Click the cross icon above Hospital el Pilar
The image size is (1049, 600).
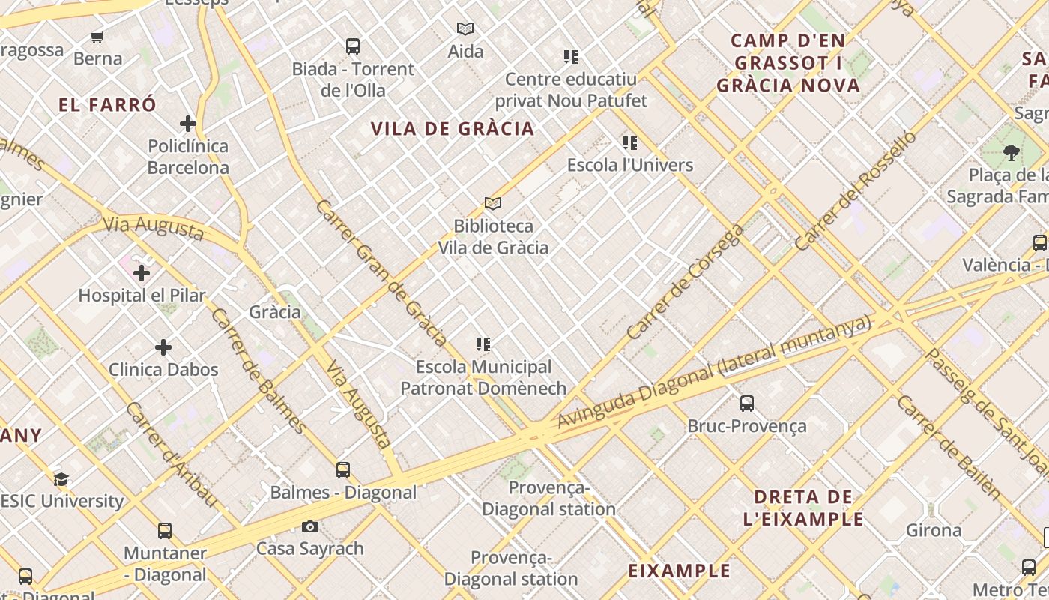(142, 273)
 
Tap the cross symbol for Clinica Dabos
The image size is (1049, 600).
(163, 347)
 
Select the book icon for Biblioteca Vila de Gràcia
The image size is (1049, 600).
(492, 203)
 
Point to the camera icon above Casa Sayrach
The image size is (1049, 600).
(310, 527)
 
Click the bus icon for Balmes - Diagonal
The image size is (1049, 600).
(343, 470)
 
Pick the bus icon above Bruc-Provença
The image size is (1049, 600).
(747, 403)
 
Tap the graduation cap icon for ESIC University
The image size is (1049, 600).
(61, 479)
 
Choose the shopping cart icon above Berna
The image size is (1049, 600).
(97, 37)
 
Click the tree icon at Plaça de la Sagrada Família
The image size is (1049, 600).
(1012, 153)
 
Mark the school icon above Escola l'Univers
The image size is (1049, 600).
(630, 142)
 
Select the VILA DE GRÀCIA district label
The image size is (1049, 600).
(453, 129)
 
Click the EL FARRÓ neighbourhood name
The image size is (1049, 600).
(107, 105)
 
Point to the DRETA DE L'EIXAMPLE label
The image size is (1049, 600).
(803, 508)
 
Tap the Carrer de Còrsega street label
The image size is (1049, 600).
(685, 282)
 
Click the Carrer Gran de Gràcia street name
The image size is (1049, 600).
(381, 273)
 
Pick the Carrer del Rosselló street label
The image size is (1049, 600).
(855, 190)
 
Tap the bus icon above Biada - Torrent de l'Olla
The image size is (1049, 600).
(353, 46)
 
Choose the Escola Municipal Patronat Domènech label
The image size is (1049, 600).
(483, 377)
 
